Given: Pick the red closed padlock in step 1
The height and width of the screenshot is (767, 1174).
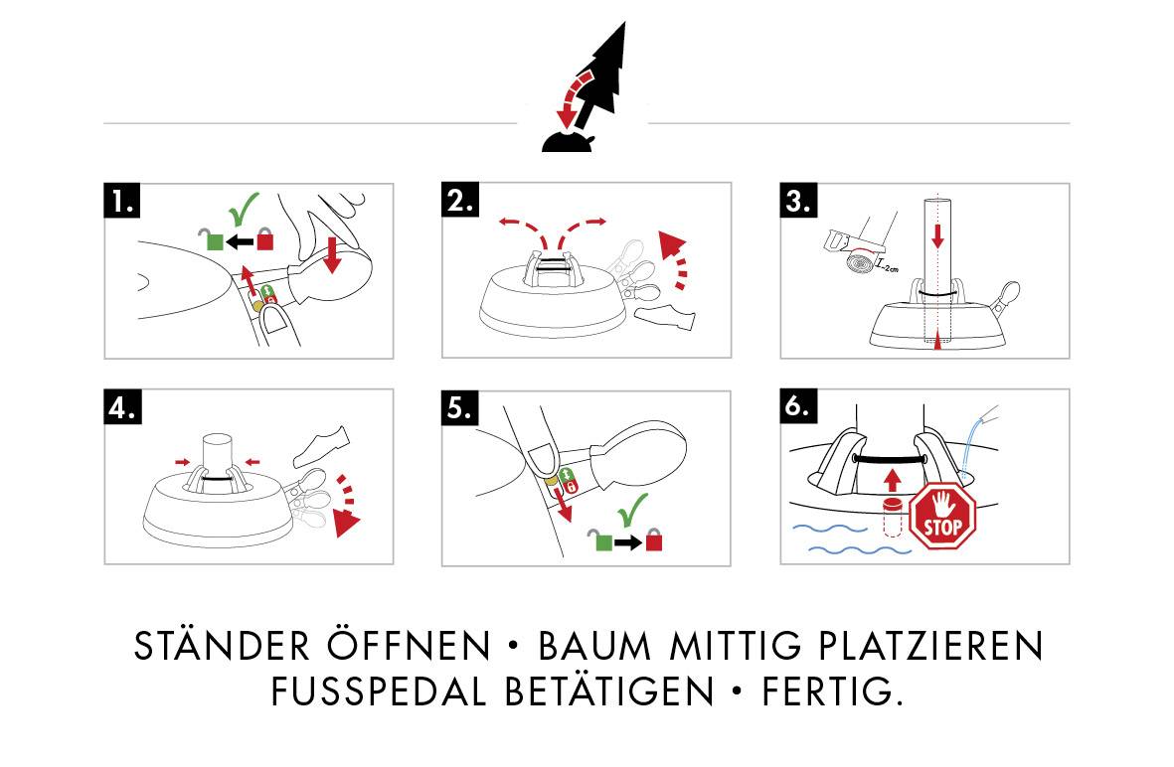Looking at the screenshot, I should tap(265, 238).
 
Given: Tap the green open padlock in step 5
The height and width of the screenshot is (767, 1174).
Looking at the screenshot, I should tap(601, 540).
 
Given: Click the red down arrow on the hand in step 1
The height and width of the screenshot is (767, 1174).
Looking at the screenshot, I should tap(332, 251).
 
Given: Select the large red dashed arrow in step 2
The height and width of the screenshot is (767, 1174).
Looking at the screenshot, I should tap(675, 259).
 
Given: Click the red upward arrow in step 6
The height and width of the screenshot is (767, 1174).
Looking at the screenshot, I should tap(891, 481).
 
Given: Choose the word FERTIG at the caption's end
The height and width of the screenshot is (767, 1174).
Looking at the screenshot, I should tap(831, 691).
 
